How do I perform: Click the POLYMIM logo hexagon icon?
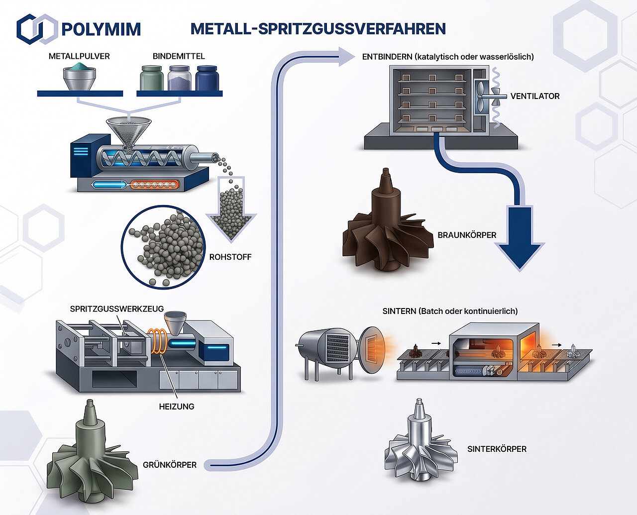pos(37,29)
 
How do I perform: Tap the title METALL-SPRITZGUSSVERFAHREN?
pos(318,29)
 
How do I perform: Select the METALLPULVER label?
pos(79,56)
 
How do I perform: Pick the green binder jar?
pos(152,78)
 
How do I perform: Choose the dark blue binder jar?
pos(207,78)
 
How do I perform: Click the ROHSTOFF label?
pos(230,257)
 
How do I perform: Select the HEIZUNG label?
pos(177,407)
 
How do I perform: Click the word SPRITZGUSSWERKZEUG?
pos(117,309)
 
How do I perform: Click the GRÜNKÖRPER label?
pos(170,465)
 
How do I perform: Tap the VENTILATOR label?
pos(534,97)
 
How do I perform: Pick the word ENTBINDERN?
pos(387,57)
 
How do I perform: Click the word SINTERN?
pos(399,311)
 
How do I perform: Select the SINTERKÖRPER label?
pos(497,449)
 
